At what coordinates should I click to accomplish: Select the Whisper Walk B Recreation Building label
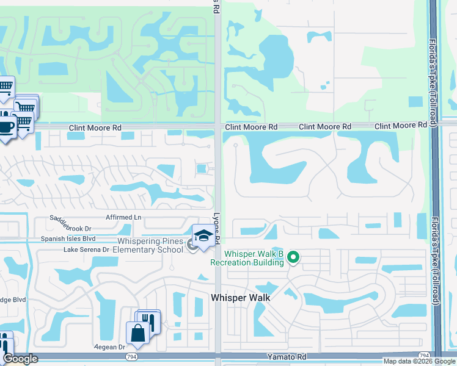tap(247, 258)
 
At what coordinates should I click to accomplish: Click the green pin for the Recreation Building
tap(293, 258)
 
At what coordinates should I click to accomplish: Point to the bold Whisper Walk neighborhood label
tap(240, 298)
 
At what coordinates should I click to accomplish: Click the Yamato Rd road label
tap(286, 356)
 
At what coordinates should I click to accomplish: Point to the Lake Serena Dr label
tap(86, 250)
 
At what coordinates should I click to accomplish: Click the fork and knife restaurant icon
tap(148, 320)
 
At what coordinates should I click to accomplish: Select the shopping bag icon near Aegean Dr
tap(136, 333)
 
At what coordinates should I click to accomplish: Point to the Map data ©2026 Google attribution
tap(419, 361)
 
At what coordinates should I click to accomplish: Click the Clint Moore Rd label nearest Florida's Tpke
tap(400, 125)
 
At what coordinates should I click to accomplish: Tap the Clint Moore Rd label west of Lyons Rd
tap(95, 128)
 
